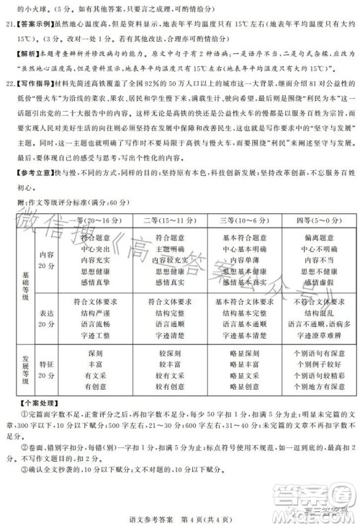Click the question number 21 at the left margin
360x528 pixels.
click(x=10, y=23)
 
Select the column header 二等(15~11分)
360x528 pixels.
click(x=167, y=218)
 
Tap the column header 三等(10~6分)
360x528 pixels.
click(x=237, y=218)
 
